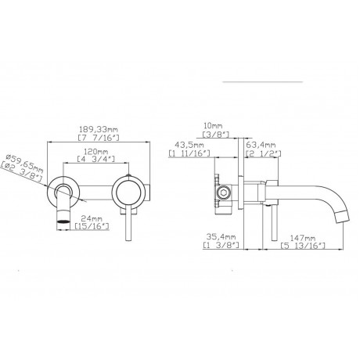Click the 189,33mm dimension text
pos(99,129)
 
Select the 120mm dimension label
pos(95,151)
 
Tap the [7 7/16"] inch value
pos(99,138)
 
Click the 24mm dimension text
pos(92,218)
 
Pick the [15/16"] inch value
pos(92,226)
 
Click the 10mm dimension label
pos(213,126)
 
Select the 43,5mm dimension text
pos(189,145)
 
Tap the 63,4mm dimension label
pos(261,145)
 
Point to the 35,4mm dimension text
pos(221,237)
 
